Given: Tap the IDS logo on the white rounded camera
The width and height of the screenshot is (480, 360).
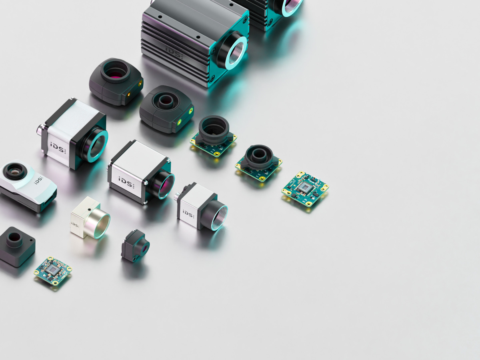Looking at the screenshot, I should pyautogui.click(x=39, y=180).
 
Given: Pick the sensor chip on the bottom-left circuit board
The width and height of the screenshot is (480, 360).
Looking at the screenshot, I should pyautogui.click(x=52, y=271).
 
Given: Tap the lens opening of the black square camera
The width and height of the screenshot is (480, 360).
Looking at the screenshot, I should pyautogui.click(x=14, y=238).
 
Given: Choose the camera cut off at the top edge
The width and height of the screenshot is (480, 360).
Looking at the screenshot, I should pyautogui.click(x=272, y=12).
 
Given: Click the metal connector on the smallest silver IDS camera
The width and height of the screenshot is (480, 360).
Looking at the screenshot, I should pyautogui.click(x=176, y=196).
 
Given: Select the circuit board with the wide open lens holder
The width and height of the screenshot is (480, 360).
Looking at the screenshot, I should pyautogui.click(x=214, y=136).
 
